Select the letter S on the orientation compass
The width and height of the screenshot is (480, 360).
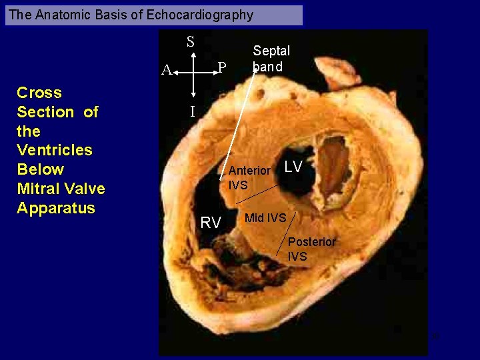[191, 42]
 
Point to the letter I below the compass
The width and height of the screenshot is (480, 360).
[193, 112]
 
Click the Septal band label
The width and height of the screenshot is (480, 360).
[271, 59]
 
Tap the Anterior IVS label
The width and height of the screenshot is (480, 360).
[249, 177]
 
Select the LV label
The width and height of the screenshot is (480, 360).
[294, 167]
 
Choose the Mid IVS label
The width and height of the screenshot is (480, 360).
[265, 217]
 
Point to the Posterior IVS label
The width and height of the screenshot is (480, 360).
[311, 249]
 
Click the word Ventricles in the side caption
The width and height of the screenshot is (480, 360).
[55, 150]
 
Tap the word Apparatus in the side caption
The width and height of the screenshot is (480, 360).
[56, 207]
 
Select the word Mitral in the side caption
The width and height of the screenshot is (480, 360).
[40, 189]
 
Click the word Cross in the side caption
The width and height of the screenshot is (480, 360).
[39, 93]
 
